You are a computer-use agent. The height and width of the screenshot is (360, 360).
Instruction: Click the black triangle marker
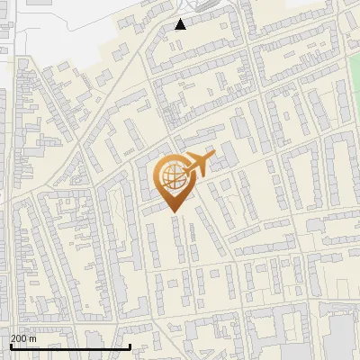181,24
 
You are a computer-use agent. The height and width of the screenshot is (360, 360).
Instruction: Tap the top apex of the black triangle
181,19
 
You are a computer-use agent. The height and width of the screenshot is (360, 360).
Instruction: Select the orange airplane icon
197,165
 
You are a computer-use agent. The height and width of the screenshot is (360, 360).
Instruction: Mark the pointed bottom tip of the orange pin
172,212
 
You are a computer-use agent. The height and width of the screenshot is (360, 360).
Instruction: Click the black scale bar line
70,346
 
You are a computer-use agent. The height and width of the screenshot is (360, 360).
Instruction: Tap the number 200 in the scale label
20,338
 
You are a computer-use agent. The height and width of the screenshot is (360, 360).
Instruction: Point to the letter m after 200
33,338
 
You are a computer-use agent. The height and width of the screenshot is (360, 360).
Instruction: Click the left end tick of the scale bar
11,345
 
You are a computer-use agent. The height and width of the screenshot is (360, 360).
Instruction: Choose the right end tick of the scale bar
130,345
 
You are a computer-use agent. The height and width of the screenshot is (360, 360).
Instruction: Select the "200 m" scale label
23,338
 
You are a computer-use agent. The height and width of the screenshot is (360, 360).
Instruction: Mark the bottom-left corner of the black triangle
175,29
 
